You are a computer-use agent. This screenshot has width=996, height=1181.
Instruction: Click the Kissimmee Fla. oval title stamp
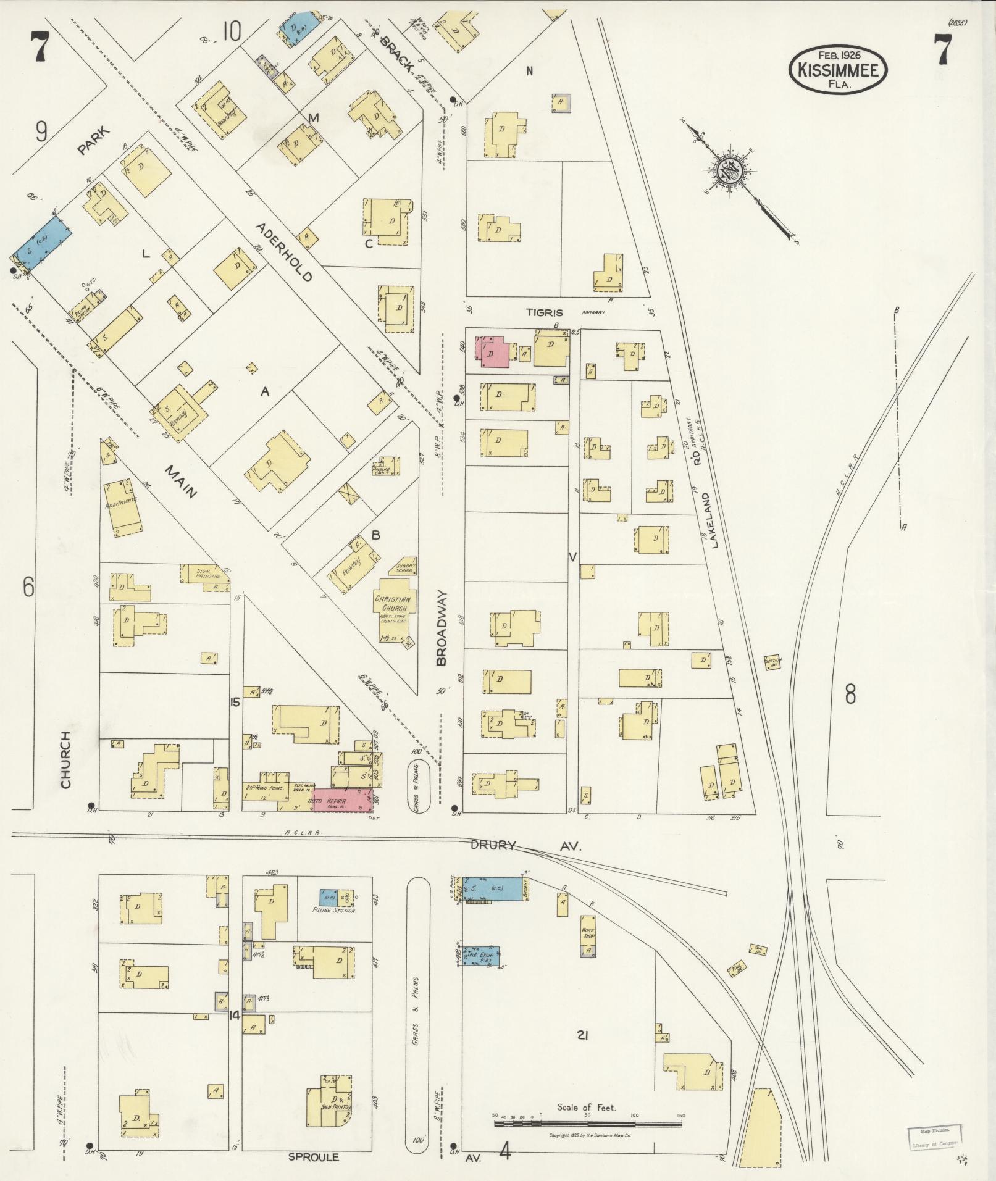click(x=838, y=69)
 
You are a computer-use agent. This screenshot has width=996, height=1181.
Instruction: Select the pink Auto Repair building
click(x=341, y=800)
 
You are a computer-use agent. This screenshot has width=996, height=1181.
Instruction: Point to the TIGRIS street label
click(x=545, y=312)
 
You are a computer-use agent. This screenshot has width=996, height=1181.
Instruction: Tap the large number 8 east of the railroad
click(x=850, y=695)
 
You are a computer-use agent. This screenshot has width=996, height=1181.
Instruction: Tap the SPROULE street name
click(x=314, y=1157)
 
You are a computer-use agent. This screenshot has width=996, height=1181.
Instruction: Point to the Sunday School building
click(x=404, y=567)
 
